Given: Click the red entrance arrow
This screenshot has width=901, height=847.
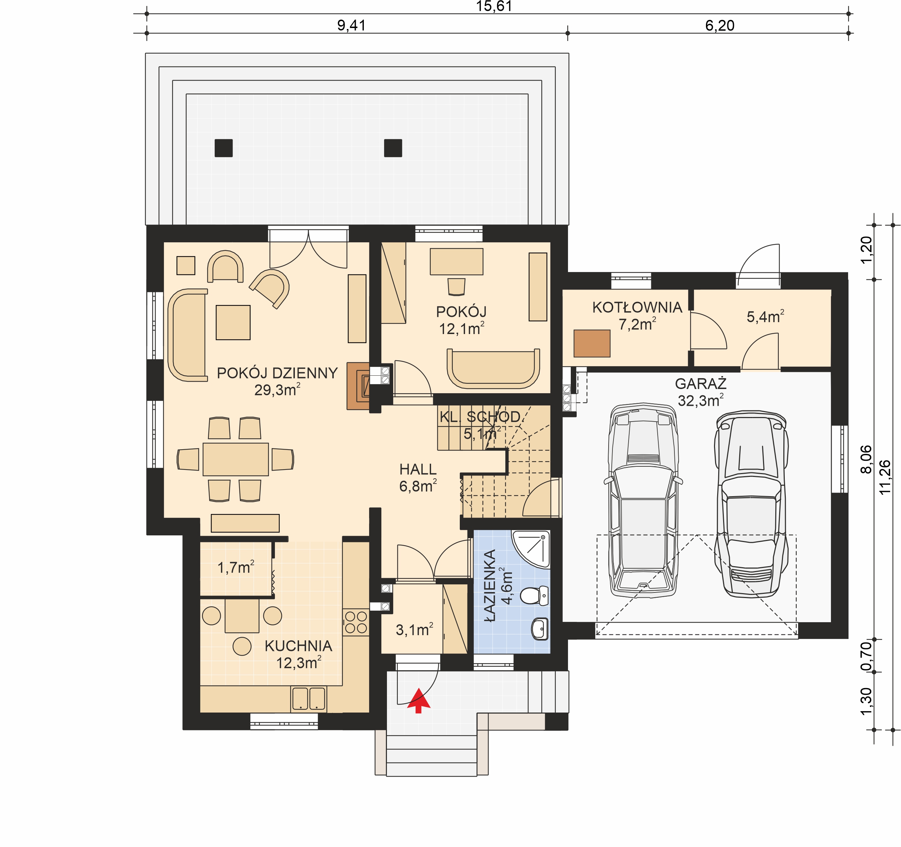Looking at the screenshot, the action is pyautogui.click(x=418, y=700).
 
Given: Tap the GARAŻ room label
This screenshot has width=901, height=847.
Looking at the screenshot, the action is pyautogui.click(x=701, y=384).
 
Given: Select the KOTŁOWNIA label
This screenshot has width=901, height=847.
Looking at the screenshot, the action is pyautogui.click(x=637, y=308).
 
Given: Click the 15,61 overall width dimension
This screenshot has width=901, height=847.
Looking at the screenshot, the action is pyautogui.click(x=494, y=6).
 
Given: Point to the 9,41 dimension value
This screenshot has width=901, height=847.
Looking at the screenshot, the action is pyautogui.click(x=351, y=25).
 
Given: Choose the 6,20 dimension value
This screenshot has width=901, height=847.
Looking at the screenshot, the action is pyautogui.click(x=720, y=25).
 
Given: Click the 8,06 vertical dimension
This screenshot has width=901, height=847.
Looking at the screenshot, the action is pyautogui.click(x=866, y=459).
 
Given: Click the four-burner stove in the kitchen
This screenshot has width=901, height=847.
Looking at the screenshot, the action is pyautogui.click(x=356, y=622).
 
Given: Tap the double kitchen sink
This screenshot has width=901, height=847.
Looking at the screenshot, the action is pyautogui.click(x=309, y=698).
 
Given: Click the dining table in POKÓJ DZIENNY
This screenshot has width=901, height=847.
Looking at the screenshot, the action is pyautogui.click(x=236, y=459).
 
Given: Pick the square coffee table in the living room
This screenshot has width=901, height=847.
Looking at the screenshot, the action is pyautogui.click(x=233, y=322).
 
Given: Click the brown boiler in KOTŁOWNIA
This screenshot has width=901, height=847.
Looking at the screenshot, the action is pyautogui.click(x=592, y=343).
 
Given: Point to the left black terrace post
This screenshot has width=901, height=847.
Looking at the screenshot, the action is pyautogui.click(x=223, y=148).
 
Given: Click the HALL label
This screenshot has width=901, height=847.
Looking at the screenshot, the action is pyautogui.click(x=418, y=469).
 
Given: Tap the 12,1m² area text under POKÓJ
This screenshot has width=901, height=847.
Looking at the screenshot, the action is pyautogui.click(x=462, y=328).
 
